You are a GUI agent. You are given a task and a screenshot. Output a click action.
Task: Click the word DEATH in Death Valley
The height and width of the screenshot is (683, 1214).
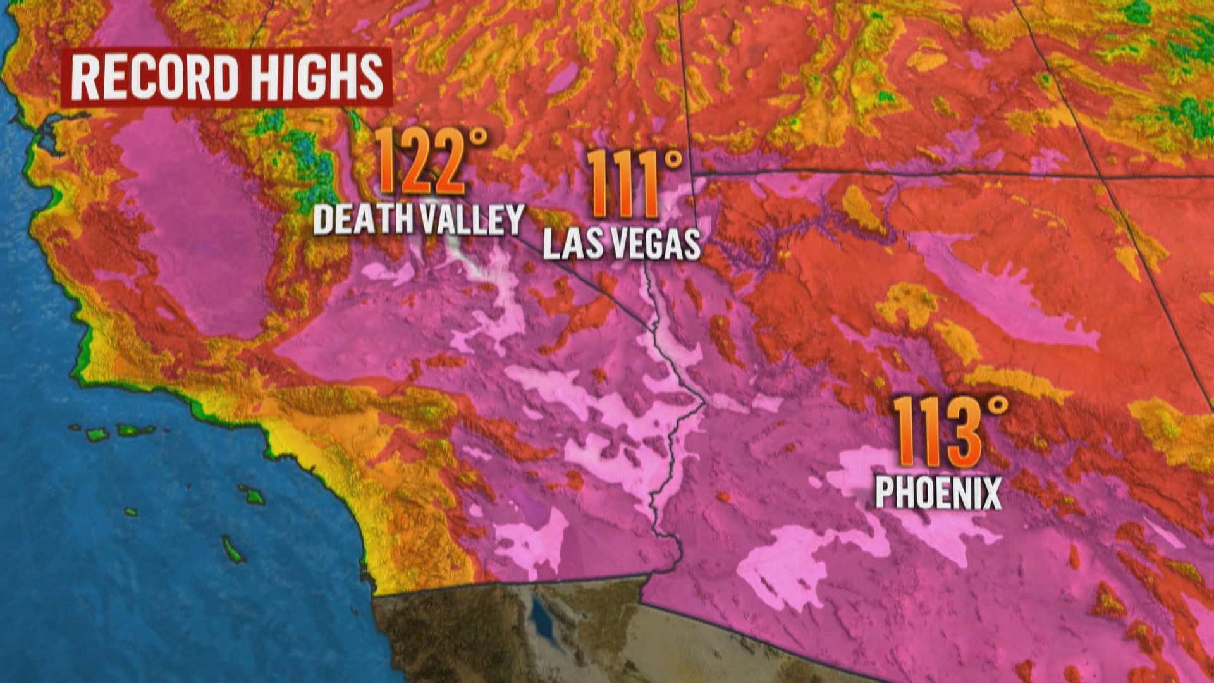pyautogui.click(x=365, y=219)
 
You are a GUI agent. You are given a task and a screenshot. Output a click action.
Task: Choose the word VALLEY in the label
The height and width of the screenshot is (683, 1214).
pyautogui.click(x=472, y=219)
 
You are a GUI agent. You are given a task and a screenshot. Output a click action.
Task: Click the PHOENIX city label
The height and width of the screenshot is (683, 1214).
pyautogui.click(x=938, y=493)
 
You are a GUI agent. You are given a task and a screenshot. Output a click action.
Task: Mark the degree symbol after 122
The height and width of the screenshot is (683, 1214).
pyautogui.click(x=479, y=137)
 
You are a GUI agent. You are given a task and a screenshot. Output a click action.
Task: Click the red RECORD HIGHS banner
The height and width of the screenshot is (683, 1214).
pyautogui.click(x=226, y=78)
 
